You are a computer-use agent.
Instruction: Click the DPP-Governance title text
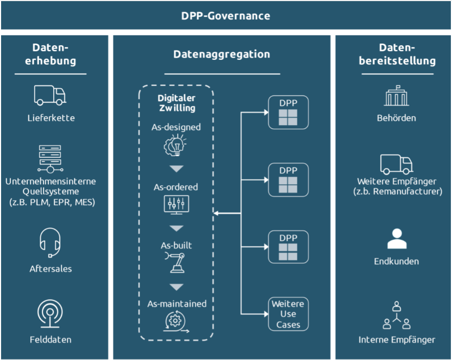tap(225, 15)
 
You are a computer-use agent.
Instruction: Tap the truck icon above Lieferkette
tap(50, 95)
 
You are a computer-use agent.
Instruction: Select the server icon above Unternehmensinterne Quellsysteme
tap(50, 158)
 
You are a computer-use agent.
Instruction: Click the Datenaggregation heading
tap(222, 54)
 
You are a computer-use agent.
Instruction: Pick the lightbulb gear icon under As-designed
tap(175, 145)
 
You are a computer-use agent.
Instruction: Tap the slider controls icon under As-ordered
tap(175, 205)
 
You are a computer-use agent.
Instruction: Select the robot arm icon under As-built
tap(175, 263)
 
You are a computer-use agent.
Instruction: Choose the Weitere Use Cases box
tap(288, 314)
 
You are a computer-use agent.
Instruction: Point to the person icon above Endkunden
tap(397, 239)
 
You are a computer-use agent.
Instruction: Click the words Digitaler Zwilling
tap(176, 103)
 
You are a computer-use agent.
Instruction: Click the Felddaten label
tap(51, 340)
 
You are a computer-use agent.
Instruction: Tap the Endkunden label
tap(397, 262)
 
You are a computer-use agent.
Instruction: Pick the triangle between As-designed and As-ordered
tap(176, 169)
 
